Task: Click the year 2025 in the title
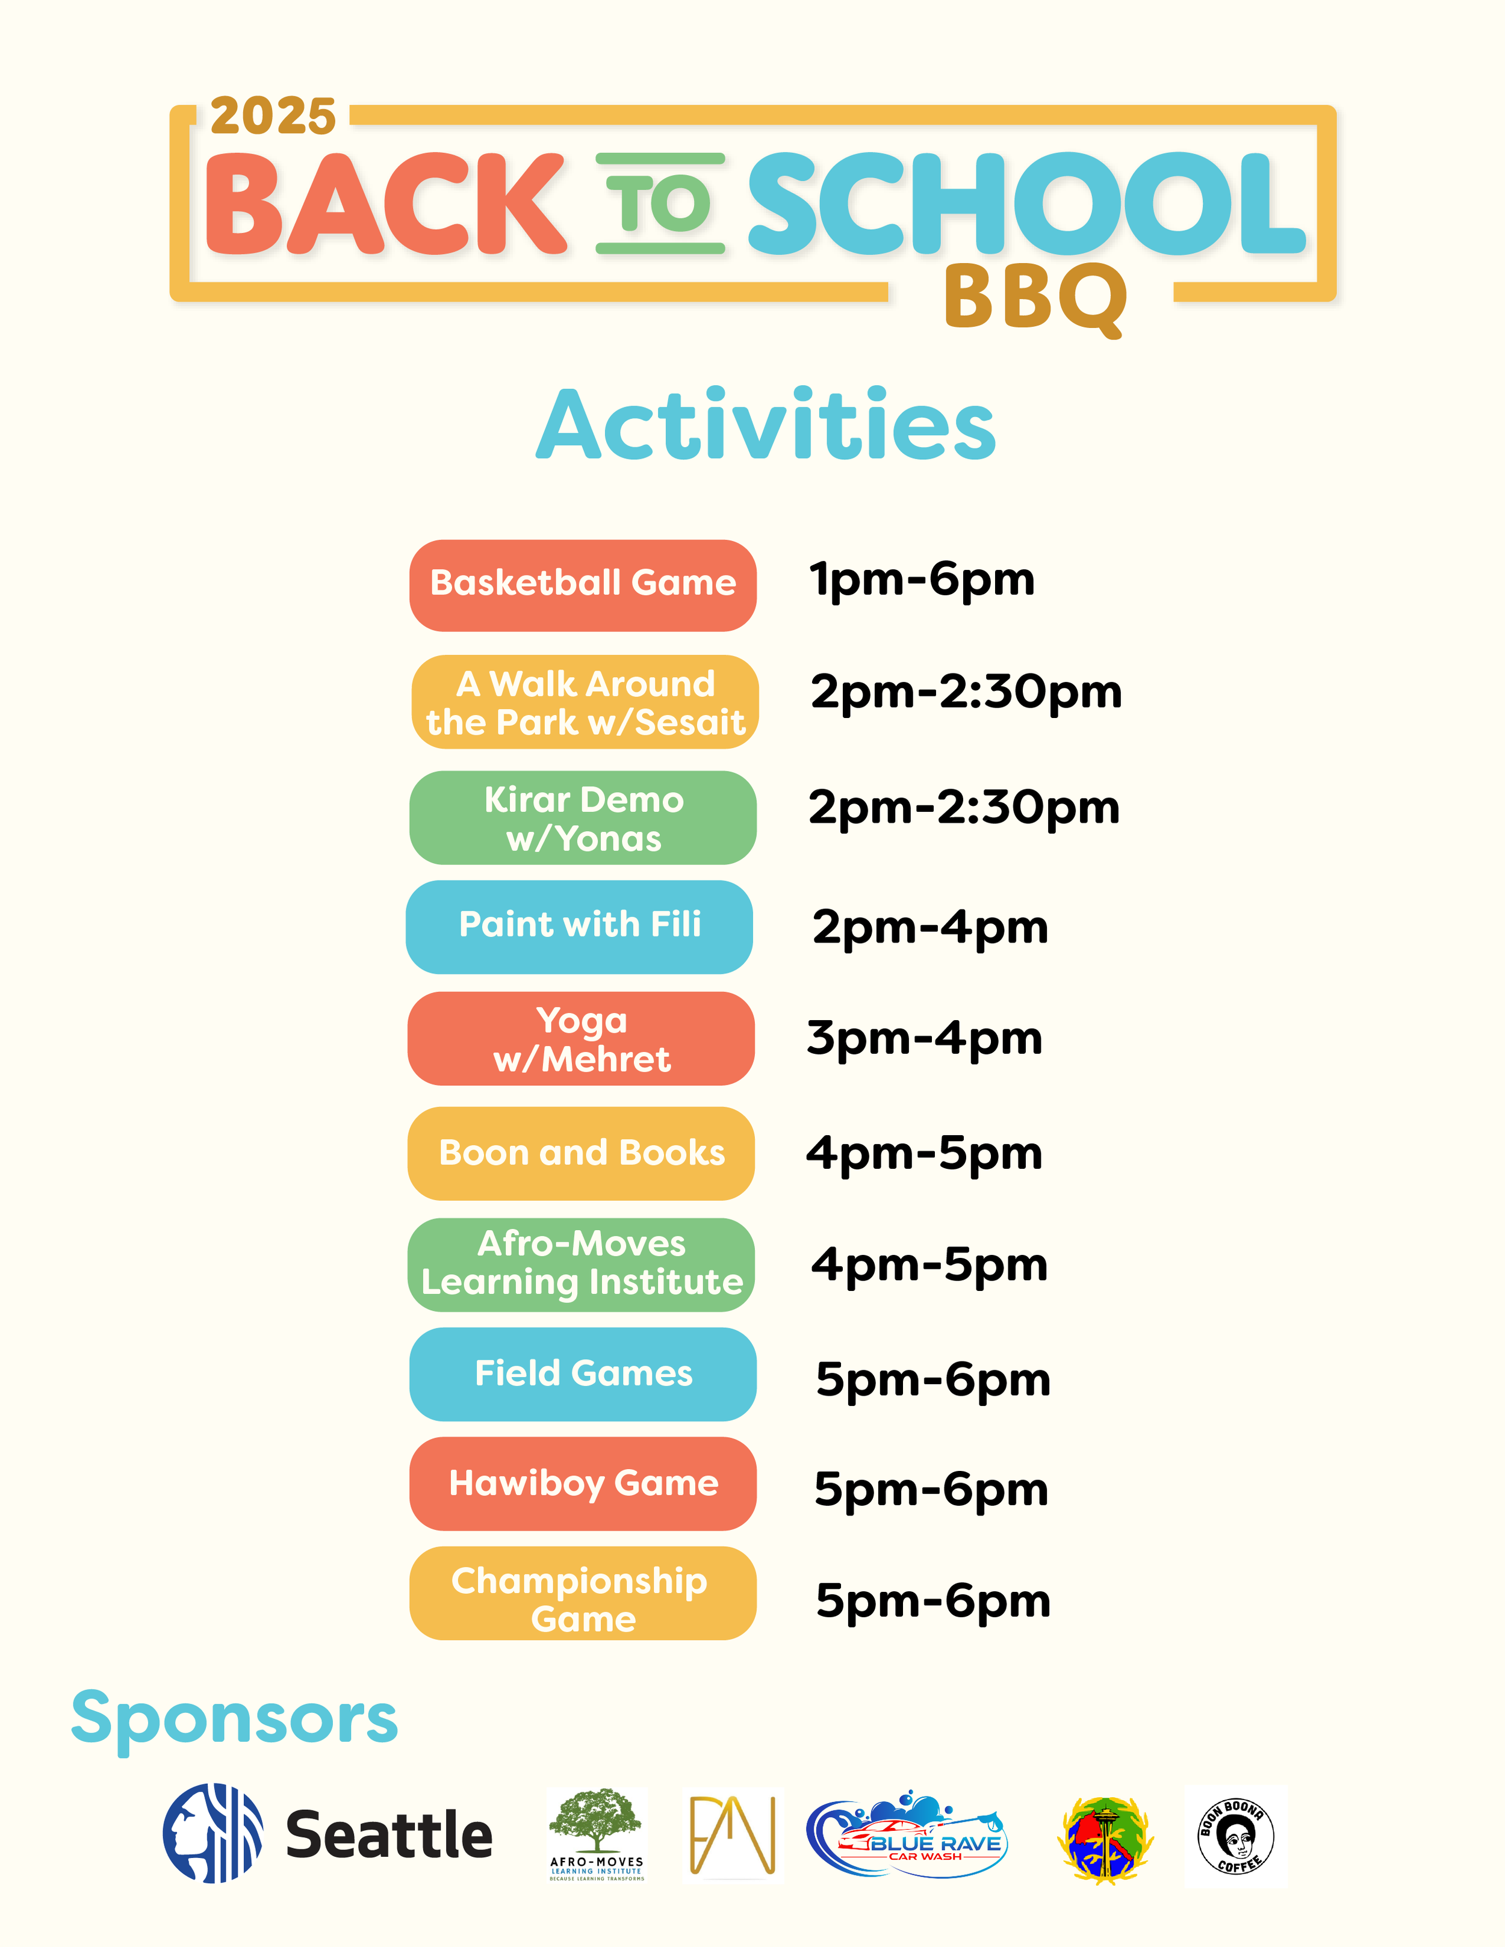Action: (273, 117)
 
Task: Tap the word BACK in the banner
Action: (385, 203)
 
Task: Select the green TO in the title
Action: (660, 203)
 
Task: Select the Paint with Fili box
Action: (580, 926)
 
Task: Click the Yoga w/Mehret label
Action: (582, 1039)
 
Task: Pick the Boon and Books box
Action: (582, 1153)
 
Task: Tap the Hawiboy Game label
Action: (583, 1484)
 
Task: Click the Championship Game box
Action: (583, 1593)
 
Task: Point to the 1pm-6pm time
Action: (922, 580)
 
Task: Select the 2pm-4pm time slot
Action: (930, 927)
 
